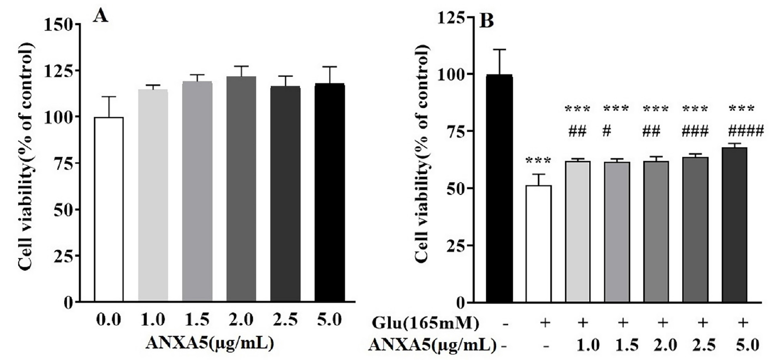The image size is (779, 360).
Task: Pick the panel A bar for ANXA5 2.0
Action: [x=241, y=189]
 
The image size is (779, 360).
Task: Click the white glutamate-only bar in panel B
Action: [x=539, y=244]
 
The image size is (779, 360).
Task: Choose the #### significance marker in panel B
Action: [x=742, y=131]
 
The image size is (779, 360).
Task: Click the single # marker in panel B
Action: [x=606, y=131]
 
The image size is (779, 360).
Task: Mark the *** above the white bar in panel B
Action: [x=539, y=161]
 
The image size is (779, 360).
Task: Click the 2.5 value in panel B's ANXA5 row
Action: [x=702, y=345]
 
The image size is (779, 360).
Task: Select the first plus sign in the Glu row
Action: [x=544, y=324]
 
